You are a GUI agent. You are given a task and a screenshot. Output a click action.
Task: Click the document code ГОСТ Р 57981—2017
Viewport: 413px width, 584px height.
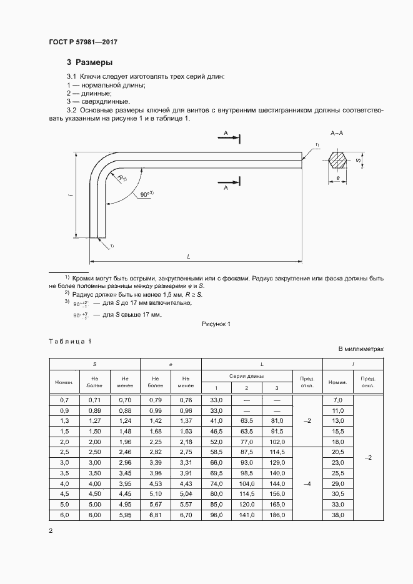click(x=82, y=42)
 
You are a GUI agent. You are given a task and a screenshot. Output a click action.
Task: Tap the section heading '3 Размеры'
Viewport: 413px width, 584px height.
click(x=89, y=62)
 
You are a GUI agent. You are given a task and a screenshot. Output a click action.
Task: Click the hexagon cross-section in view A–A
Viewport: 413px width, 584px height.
click(x=339, y=161)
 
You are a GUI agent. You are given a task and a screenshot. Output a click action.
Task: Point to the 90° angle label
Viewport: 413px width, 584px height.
click(x=147, y=195)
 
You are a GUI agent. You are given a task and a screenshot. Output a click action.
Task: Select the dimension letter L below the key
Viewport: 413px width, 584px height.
click(x=189, y=256)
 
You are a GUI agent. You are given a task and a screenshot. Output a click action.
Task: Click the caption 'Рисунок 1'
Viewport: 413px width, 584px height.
click(x=217, y=324)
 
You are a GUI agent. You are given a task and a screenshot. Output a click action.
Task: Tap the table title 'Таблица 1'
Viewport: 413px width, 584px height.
click(x=70, y=341)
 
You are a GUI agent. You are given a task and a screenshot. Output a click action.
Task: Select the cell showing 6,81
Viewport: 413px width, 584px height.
click(x=156, y=515)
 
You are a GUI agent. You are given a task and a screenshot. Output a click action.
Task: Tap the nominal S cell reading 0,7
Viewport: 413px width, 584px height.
click(x=64, y=399)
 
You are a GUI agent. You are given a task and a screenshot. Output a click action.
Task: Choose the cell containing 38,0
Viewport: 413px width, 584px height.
click(x=338, y=515)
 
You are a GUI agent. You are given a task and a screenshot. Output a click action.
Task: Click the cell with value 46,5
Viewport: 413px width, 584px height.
click(x=216, y=431)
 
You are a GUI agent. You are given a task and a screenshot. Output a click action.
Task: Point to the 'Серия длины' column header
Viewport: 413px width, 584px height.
click(x=247, y=376)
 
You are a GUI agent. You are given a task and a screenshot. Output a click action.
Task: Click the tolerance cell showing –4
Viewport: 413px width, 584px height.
click(x=307, y=483)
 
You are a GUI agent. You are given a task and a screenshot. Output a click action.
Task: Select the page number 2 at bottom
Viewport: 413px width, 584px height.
click(x=51, y=531)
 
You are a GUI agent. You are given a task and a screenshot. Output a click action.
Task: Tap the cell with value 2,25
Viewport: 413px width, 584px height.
click(x=156, y=441)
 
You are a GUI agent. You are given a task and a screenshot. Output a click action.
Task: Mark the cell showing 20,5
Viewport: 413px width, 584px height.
click(x=338, y=452)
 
